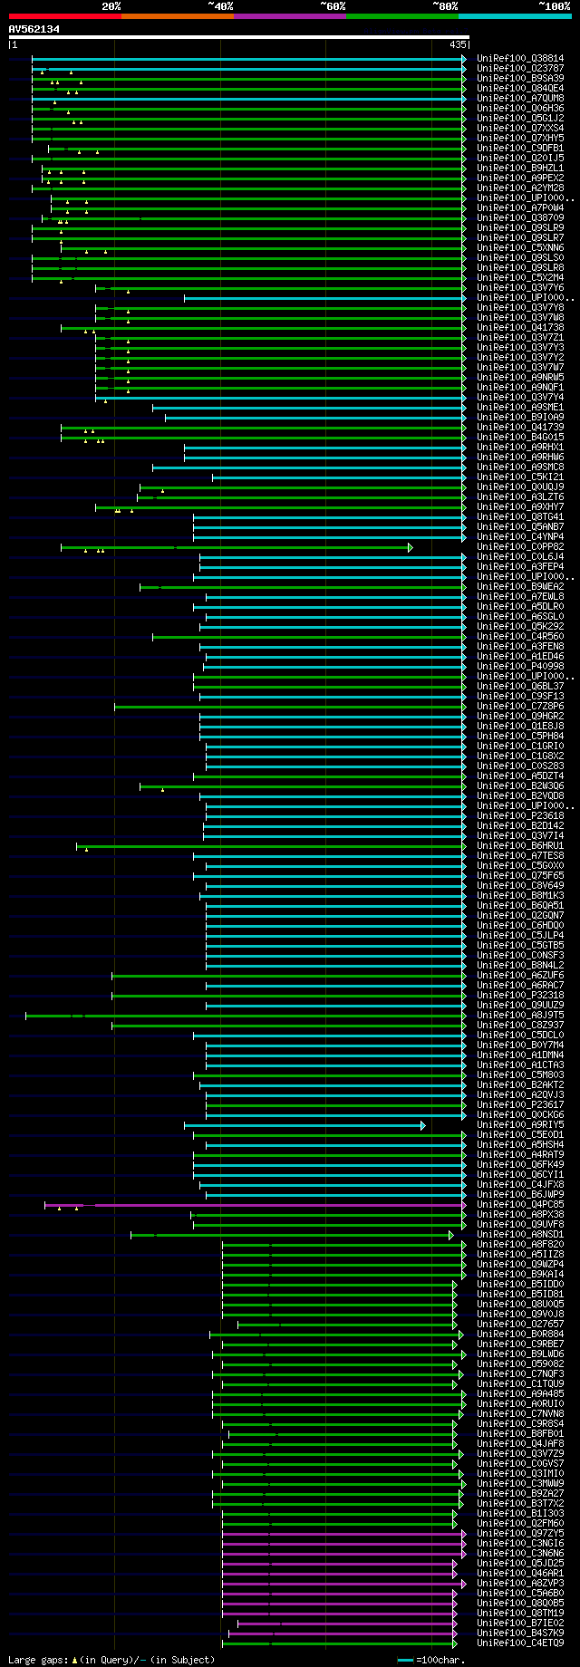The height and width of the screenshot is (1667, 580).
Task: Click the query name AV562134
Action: coord(34,29)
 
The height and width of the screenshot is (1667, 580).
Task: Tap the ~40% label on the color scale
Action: coord(220,6)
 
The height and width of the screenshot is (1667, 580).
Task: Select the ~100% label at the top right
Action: coord(554,6)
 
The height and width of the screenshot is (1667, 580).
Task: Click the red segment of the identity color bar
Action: coord(64,16)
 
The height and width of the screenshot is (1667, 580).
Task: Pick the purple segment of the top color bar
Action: coord(289,16)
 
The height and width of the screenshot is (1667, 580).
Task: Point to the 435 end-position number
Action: coord(458,44)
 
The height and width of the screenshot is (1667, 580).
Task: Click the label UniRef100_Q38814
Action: coord(519,59)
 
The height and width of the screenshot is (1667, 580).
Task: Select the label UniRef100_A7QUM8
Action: coord(519,99)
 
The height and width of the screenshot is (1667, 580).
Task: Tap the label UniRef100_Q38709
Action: coord(519,218)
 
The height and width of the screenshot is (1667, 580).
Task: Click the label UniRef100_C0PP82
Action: coord(519,547)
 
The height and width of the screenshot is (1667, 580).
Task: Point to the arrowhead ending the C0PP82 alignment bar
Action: coord(411,547)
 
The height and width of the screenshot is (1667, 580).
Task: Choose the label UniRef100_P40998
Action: coord(519,667)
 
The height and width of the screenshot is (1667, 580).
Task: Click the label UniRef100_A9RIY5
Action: coord(519,1125)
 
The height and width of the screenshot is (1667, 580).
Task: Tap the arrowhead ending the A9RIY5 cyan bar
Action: coord(423,1125)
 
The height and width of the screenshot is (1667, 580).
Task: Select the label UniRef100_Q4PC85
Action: coord(519,1205)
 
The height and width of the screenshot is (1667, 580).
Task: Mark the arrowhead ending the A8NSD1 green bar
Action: coord(450,1235)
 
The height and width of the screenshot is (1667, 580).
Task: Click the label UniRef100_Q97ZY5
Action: coord(519,1534)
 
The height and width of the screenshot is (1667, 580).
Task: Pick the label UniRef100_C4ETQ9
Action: coord(519,1643)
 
